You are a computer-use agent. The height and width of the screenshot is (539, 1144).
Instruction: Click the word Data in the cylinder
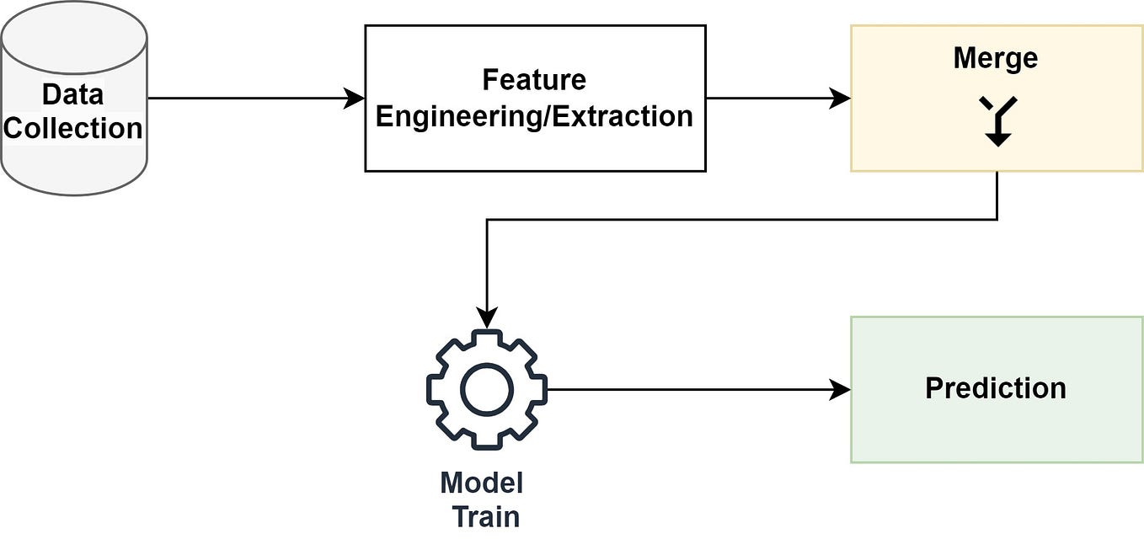(72, 94)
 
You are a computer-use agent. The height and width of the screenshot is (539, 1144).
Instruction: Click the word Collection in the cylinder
(73, 129)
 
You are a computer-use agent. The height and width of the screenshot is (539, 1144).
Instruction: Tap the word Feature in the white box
(534, 80)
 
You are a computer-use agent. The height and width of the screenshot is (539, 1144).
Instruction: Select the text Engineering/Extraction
(534, 116)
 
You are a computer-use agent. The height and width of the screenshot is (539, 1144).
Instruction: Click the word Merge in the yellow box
(995, 58)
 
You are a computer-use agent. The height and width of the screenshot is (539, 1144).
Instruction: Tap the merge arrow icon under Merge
(997, 120)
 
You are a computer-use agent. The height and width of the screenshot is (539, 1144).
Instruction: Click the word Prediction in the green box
(995, 388)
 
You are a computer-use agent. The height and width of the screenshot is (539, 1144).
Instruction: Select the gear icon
(487, 389)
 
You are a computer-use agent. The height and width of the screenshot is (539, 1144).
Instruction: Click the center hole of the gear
(487, 389)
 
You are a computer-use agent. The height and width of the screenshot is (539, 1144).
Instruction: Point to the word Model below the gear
(481, 483)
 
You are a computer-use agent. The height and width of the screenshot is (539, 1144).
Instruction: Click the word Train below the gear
(486, 516)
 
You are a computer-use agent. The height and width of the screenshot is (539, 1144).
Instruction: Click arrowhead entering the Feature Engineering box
(355, 99)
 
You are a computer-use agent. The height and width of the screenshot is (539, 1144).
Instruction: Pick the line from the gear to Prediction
(691, 389)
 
